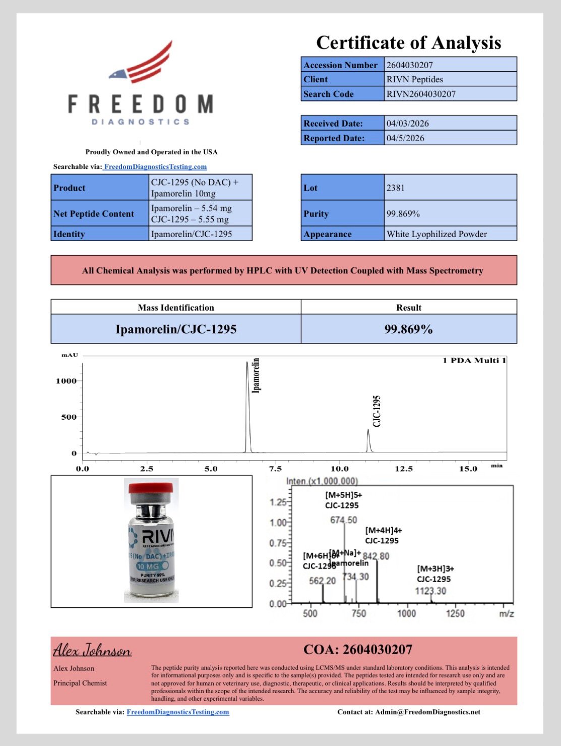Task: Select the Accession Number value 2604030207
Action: (409, 65)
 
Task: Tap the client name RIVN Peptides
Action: (414, 79)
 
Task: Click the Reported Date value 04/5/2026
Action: (405, 138)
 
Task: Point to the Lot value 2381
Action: (395, 188)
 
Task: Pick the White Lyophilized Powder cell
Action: (437, 234)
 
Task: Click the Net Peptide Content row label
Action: (94, 214)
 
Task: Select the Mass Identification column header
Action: (176, 308)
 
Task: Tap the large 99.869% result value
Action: (408, 329)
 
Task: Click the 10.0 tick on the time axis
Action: (339, 469)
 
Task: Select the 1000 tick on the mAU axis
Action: (66, 381)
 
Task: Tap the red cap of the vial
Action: (151, 488)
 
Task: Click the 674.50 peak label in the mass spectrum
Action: (343, 520)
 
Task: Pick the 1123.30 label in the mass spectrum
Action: (430, 591)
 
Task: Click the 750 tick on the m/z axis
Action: (358, 614)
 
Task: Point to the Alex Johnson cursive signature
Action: (92, 650)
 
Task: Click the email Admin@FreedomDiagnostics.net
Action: (427, 712)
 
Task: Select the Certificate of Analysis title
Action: (408, 43)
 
